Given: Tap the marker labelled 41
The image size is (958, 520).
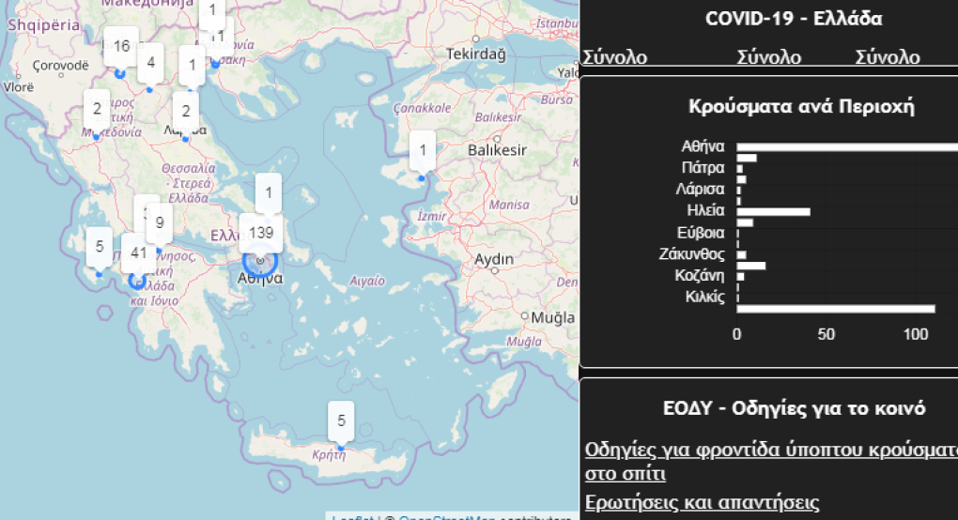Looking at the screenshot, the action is point(138,252).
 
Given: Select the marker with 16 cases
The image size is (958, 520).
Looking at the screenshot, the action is point(121,46).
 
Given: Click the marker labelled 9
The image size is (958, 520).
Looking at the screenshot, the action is point(160,223).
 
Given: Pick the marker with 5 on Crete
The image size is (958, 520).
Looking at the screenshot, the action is point(342,421).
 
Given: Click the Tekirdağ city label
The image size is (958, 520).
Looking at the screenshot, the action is point(475,54).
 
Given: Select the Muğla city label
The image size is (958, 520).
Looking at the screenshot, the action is point(552,317).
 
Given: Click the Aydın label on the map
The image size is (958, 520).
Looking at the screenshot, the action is point(493,259).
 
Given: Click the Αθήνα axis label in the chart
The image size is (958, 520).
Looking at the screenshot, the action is point(703,146).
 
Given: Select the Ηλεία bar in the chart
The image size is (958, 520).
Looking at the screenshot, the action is point(774,211).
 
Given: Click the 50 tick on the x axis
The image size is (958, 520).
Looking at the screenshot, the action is point(827,334).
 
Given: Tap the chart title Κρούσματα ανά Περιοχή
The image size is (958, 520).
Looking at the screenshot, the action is point(801,106).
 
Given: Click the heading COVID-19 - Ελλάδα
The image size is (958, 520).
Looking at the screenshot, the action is point(794,19).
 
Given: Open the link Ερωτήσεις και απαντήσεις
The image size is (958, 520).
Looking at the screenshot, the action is point(702,503).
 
